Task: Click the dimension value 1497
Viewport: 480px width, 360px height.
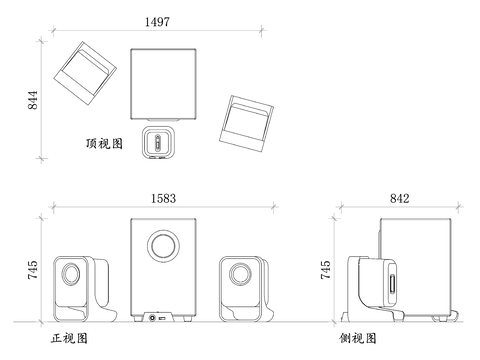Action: coord(157,22)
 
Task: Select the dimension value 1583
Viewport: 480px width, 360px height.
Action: coord(163,199)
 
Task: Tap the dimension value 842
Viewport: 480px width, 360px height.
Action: coord(400,199)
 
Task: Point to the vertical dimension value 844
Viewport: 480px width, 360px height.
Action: coord(33,100)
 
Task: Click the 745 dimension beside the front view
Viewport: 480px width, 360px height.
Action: coord(33,270)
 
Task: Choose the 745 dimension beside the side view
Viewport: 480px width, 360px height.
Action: coord(325,270)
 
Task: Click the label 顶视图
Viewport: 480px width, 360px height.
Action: coord(105,144)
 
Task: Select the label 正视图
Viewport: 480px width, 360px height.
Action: coord(69,338)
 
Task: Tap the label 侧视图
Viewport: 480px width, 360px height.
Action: coord(358,338)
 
